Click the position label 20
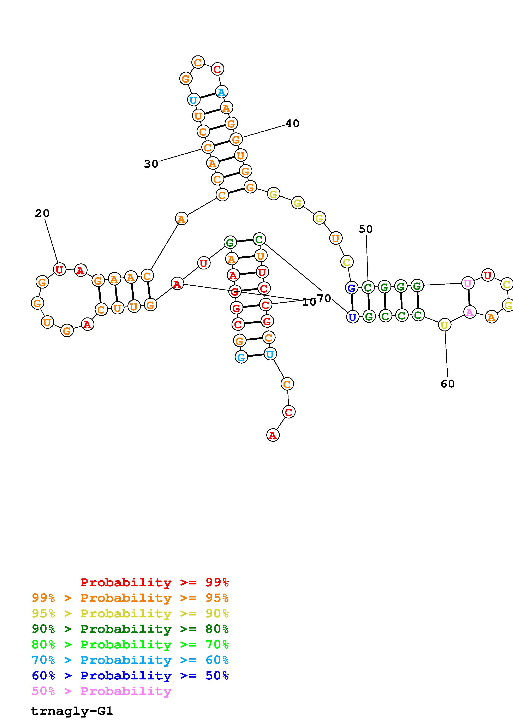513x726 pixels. click(42, 213)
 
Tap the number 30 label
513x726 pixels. click(151, 164)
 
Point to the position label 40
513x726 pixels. click(292, 123)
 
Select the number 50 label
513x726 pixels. click(365, 229)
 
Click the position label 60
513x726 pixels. click(448, 384)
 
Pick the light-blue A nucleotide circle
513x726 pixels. click(221, 92)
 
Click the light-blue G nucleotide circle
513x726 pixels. click(241, 357)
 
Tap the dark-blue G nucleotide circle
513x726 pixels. click(351, 288)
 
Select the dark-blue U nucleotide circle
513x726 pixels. click(352, 316)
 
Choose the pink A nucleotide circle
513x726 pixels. click(470, 313)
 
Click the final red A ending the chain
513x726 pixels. click(273, 435)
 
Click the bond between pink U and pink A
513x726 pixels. click(469, 298)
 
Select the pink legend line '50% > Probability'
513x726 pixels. click(101, 691)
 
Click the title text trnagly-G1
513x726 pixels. click(72, 711)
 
